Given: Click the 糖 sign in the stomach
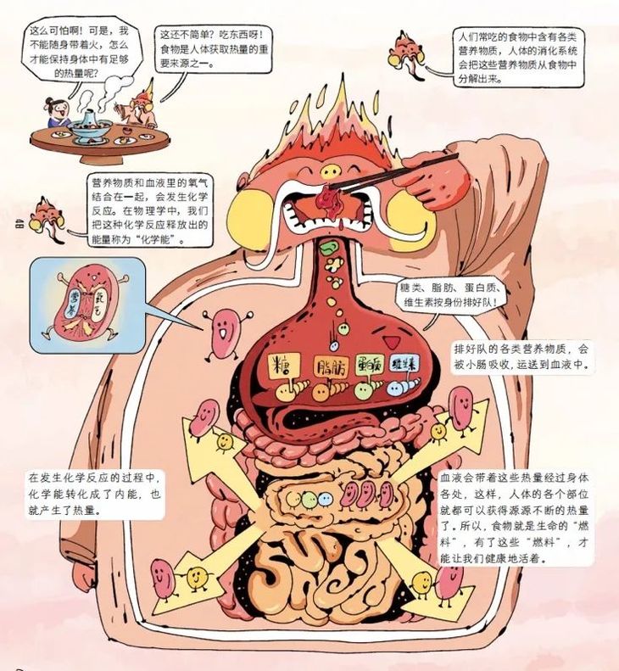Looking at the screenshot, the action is coord(285,368).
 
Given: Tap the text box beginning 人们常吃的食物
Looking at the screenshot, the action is coord(519,57).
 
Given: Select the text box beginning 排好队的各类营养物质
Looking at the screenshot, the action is coord(524,356).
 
